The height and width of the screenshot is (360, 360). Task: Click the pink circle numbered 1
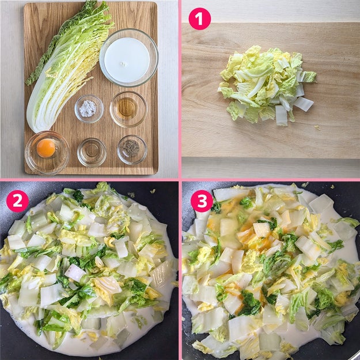pyautogui.click(x=199, y=19)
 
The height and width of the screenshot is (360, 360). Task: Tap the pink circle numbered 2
pyautogui.click(x=17, y=201)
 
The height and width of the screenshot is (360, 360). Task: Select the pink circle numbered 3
pyautogui.click(x=202, y=201)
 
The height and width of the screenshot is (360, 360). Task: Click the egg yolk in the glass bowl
pyautogui.click(x=46, y=148)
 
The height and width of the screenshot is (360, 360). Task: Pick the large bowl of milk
pyautogui.click(x=129, y=58)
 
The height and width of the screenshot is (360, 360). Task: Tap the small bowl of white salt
pyautogui.click(x=89, y=109)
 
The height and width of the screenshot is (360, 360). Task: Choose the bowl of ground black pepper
pyautogui.click(x=132, y=150)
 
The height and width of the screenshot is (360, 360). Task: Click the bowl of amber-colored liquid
pyautogui.click(x=128, y=109)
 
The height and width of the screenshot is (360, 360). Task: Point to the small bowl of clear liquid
pyautogui.click(x=92, y=152)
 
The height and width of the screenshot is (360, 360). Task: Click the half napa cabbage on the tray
pyautogui.click(x=67, y=67)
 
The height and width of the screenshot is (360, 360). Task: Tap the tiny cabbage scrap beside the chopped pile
pyautogui.click(x=317, y=127)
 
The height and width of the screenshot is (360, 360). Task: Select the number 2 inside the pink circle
pyautogui.click(x=17, y=201)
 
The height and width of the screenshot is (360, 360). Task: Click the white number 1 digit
pyautogui.click(x=199, y=19)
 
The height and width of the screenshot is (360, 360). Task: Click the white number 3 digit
pyautogui.click(x=202, y=201)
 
